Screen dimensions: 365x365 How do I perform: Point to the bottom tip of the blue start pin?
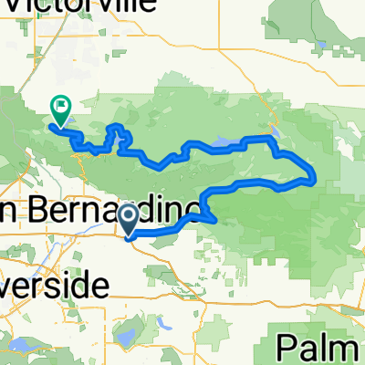point(129,236)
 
